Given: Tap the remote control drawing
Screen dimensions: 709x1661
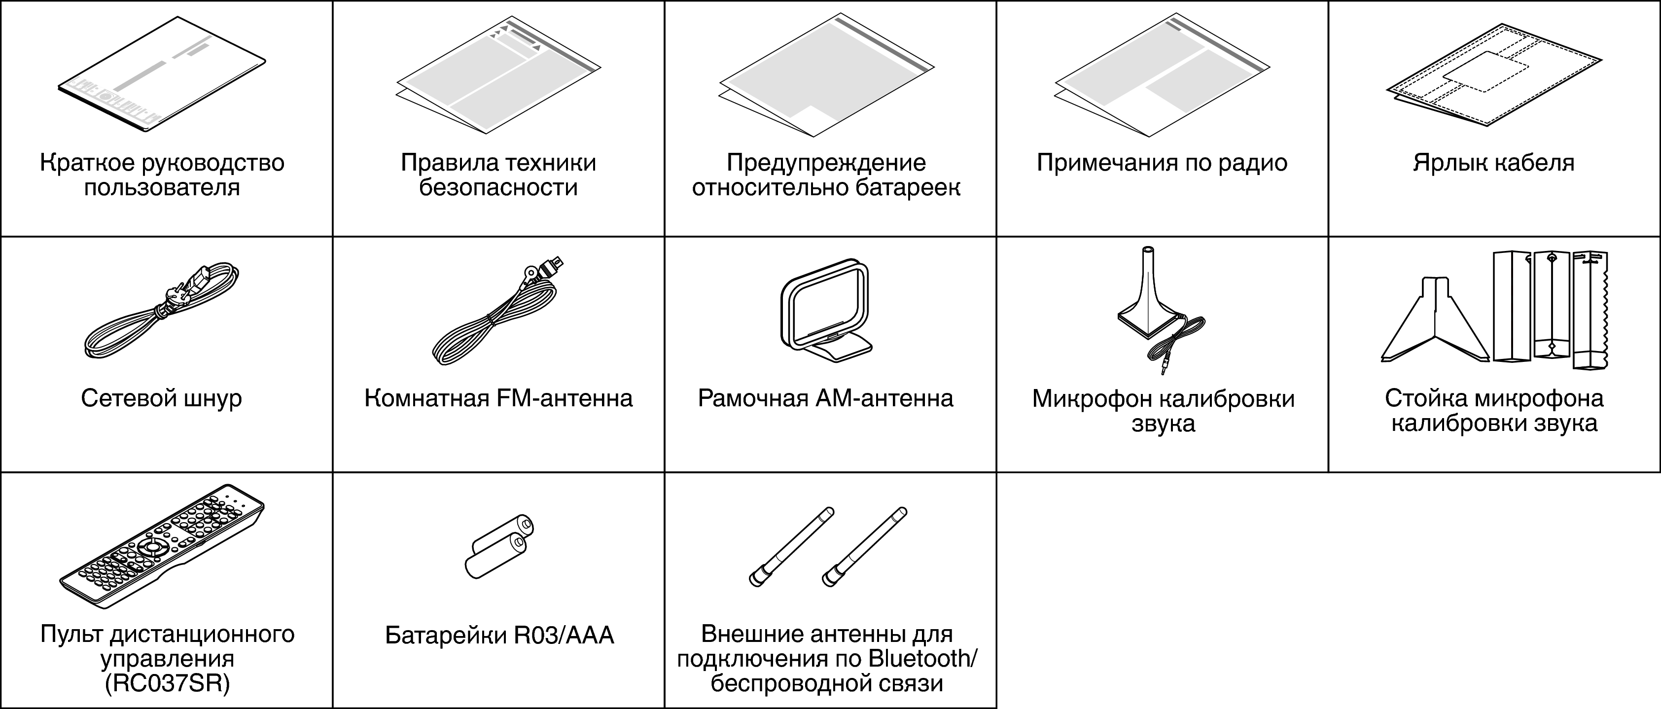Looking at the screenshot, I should click(161, 547).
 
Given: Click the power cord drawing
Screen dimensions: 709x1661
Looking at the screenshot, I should click(161, 313).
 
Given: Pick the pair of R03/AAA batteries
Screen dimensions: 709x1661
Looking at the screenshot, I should click(498, 547).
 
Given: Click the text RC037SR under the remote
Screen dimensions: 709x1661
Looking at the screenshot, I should click(167, 684).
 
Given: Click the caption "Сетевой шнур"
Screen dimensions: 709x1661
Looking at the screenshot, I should click(161, 398).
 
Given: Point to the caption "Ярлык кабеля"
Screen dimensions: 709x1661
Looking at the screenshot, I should click(1493, 162).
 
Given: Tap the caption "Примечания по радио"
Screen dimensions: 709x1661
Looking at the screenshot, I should click(1162, 162).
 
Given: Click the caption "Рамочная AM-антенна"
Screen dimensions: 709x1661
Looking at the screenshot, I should click(825, 398).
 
